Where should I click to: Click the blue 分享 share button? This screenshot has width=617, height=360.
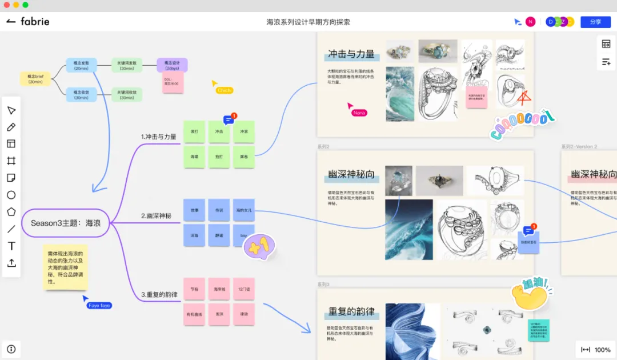tap(595, 22)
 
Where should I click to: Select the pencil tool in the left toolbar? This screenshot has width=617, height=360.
tap(11, 127)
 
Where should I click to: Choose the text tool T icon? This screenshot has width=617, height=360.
tap(11, 246)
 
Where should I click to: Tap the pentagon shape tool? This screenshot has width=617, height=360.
tap(11, 212)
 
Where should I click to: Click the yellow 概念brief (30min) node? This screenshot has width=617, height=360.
tap(35, 79)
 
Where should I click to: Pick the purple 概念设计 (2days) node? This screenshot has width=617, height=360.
tap(172, 65)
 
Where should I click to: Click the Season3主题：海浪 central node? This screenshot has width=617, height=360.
tap(65, 223)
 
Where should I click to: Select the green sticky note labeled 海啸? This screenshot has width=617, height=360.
tap(194, 157)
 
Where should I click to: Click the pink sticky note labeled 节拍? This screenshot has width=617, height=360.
tap(194, 289)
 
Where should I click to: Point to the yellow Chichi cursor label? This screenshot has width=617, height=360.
tap(224, 90)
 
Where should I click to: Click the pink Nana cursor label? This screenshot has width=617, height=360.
tap(359, 113)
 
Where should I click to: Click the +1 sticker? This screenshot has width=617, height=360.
tap(259, 246)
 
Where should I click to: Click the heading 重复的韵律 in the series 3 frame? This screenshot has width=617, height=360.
tap(351, 312)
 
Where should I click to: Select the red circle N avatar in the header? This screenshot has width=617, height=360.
tap(530, 22)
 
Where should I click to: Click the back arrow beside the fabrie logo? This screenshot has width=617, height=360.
tap(11, 22)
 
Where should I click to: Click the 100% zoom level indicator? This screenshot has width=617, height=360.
tap(602, 350)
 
